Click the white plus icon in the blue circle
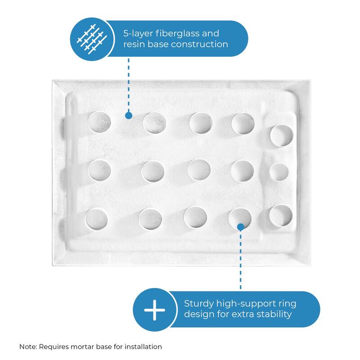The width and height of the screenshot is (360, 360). pos(154,310)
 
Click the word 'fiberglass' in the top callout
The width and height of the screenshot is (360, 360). pos(173,34)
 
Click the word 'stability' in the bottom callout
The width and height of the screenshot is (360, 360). pos(272,314)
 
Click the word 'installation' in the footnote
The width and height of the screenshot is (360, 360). pos(144,347)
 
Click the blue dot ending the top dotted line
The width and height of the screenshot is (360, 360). pos(128,116)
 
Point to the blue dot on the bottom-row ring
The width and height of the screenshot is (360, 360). pos(241,226)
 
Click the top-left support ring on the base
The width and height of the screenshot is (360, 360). pos(99,122)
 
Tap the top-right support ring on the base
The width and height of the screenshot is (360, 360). pos(282,136)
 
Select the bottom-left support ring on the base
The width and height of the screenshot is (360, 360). pos(96,218)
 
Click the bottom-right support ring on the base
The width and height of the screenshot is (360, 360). pos(281,216)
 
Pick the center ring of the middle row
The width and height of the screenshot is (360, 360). pos(198,169)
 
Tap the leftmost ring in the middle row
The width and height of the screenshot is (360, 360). pos(99,171)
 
